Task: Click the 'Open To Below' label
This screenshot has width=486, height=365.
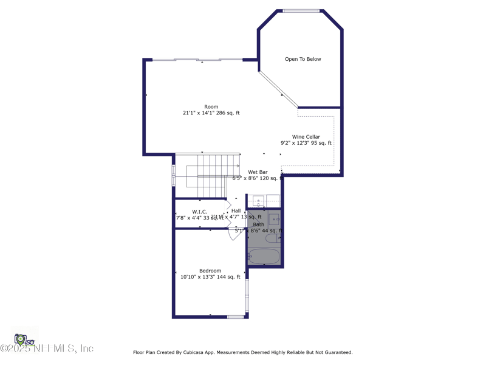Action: tap(303, 59)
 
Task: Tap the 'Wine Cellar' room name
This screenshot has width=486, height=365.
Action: tap(306, 137)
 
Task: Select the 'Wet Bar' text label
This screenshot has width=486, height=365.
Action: tap(258, 172)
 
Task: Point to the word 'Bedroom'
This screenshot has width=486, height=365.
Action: tap(210, 271)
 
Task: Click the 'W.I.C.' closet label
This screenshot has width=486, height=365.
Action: tap(200, 212)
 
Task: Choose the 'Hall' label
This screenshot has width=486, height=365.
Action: tap(236, 211)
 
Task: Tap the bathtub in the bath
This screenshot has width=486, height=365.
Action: tap(264, 256)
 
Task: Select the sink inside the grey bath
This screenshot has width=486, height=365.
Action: tap(274, 220)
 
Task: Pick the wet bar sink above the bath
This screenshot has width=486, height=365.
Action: tap(258, 201)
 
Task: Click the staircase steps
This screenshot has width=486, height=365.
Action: tap(213, 175)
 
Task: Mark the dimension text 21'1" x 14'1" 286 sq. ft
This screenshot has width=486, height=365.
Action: tap(211, 113)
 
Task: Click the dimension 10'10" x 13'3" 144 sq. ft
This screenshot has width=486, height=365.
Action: tap(210, 277)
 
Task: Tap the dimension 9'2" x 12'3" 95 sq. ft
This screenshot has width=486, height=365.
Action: tap(306, 144)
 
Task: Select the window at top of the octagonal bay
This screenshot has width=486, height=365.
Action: tap(301, 10)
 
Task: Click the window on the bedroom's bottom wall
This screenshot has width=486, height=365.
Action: tap(235, 316)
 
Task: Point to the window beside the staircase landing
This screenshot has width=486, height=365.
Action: tap(174, 175)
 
